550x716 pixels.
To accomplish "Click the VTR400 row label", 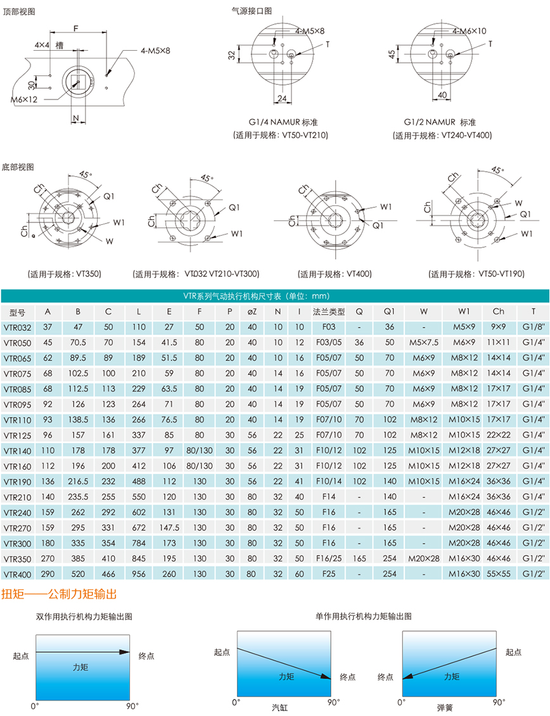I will (17, 573).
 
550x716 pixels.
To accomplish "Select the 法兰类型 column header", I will (328, 312).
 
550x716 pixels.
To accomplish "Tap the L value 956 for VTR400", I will (138, 573).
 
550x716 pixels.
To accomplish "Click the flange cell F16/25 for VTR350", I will (328, 559).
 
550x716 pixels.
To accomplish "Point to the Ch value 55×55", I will (498, 573).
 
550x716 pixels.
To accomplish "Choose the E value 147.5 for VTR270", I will (169, 528).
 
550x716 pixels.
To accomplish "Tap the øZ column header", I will (252, 312).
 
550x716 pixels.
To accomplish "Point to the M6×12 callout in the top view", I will (24, 99).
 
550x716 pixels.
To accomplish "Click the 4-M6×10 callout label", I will (469, 30).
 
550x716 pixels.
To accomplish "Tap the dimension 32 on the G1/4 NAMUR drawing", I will (232, 56).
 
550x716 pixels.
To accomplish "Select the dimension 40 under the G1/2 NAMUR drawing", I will (442, 95).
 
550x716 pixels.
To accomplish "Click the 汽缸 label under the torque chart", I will (279, 706).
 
